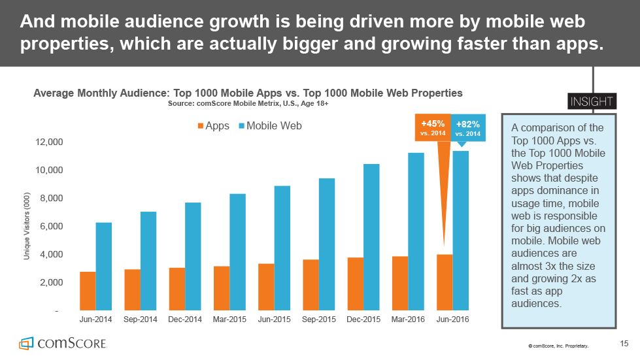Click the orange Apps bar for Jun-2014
(x=88, y=291)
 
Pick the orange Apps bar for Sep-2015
(x=311, y=285)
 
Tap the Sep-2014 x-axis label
(x=140, y=320)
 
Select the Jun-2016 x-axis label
(x=452, y=320)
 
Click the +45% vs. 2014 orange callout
(x=433, y=127)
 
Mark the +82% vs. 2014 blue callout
(x=468, y=127)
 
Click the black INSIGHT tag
(x=591, y=101)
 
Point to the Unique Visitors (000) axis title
(x=27, y=226)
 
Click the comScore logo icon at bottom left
(x=26, y=343)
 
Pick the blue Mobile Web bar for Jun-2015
(x=282, y=248)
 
